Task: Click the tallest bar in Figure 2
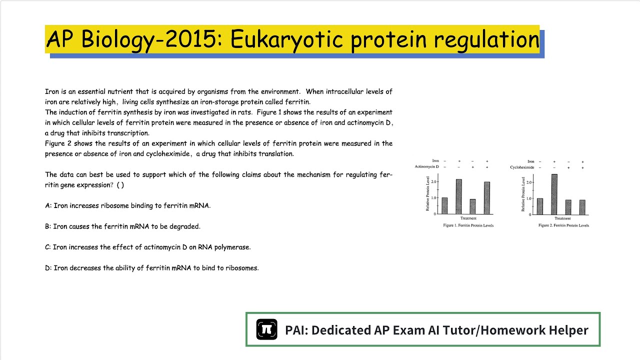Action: click(x=554, y=194)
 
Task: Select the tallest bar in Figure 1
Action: click(x=458, y=196)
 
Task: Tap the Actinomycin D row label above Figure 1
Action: click(x=426, y=166)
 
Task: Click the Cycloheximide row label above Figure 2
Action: click(x=522, y=167)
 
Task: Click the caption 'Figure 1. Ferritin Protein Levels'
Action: click(x=468, y=225)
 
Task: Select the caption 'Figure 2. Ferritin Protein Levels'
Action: click(x=563, y=225)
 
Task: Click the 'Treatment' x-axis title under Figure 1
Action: click(x=468, y=218)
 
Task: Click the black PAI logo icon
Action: click(x=266, y=329)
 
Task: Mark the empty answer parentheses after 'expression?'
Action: click(x=120, y=185)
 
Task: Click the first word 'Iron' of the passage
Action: click(x=52, y=91)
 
